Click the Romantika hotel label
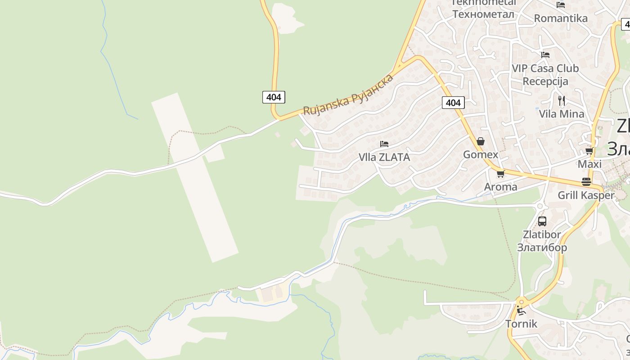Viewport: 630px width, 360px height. (x=560, y=18)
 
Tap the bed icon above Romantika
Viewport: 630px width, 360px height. (x=560, y=5)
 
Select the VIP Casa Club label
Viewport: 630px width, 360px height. (x=545, y=68)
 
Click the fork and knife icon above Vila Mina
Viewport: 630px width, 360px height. (x=561, y=100)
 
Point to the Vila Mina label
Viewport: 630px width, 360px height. (x=562, y=114)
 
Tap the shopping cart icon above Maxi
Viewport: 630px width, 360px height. (x=589, y=151)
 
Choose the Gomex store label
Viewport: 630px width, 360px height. (x=481, y=155)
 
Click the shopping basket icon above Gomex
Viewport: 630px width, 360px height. (x=481, y=141)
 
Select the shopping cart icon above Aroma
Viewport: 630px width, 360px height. (x=500, y=174)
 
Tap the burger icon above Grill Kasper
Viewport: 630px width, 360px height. (x=586, y=181)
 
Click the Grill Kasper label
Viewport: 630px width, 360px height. (x=586, y=195)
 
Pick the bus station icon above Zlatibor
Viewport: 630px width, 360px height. (x=542, y=221)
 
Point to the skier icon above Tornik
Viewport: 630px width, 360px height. (x=521, y=310)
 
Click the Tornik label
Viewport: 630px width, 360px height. (x=521, y=324)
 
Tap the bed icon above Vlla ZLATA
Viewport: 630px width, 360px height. (x=384, y=144)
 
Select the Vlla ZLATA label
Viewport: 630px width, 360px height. (x=384, y=157)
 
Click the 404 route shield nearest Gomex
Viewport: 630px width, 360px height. (x=453, y=103)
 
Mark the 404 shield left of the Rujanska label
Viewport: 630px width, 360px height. (x=274, y=97)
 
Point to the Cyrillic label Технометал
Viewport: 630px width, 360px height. (x=483, y=14)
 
